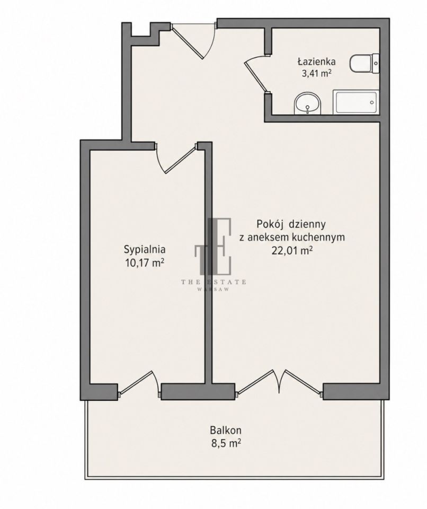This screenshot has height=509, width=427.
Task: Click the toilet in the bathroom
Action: click(364, 64)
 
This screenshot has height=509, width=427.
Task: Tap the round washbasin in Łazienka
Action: click(307, 103)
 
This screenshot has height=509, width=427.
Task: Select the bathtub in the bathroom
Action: click(356, 102)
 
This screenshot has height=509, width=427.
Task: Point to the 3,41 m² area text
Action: click(316, 73)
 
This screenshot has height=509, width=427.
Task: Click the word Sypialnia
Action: click(145, 250)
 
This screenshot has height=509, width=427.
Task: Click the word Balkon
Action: click(226, 431)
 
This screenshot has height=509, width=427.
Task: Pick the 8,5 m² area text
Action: click(226, 443)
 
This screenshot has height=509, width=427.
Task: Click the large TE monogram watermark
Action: click(213, 245)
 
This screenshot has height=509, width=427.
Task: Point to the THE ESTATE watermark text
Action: click(213, 282)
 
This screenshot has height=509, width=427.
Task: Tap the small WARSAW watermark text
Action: click(213, 289)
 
